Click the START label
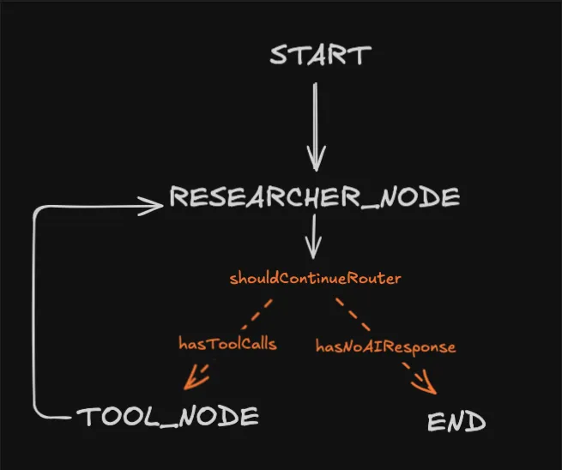point(320,55)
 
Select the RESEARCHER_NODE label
point(314,197)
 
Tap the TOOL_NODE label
point(167,417)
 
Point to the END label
point(456,422)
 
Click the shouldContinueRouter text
point(316,279)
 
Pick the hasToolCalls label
point(227,344)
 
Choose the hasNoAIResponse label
point(385,346)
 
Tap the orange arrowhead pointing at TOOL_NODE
point(196,374)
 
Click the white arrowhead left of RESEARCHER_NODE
point(154,204)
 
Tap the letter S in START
point(280,55)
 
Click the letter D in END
point(476,422)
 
